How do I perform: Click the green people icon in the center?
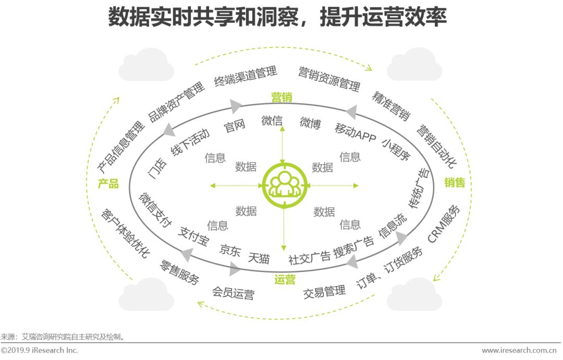point(284,184)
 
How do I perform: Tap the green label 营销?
point(281,97)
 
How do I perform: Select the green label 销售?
point(455,182)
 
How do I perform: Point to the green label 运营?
point(285,280)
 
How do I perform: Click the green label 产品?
point(108,183)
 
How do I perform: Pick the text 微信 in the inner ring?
point(272,121)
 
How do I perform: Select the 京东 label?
point(230,250)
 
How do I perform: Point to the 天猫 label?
point(259,257)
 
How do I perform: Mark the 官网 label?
point(234,127)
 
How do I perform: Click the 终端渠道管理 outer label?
point(246,77)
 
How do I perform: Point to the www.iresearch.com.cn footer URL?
point(521,350)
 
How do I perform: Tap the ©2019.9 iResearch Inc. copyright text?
point(39,350)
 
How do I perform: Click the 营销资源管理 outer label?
point(329,78)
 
